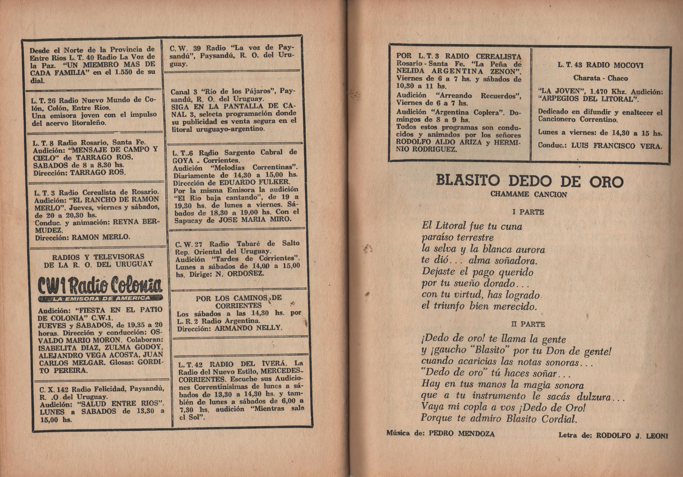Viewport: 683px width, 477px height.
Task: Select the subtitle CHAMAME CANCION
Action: pyautogui.click(x=529, y=194)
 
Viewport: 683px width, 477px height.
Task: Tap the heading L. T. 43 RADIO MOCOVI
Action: pyautogui.click(x=600, y=65)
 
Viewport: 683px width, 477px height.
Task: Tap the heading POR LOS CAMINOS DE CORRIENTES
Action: pyautogui.click(x=239, y=302)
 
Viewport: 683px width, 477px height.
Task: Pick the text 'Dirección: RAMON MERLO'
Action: pyautogui.click(x=83, y=237)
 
